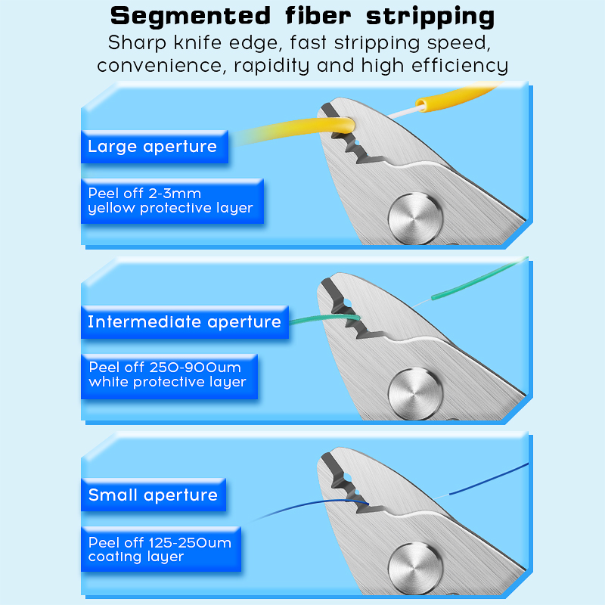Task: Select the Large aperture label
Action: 152,147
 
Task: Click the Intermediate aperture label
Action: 184,322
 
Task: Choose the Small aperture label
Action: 153,495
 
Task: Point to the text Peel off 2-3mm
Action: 144,194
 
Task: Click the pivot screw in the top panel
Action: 414,218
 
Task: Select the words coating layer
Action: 136,557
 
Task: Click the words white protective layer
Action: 167,382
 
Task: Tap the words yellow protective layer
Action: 170,208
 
